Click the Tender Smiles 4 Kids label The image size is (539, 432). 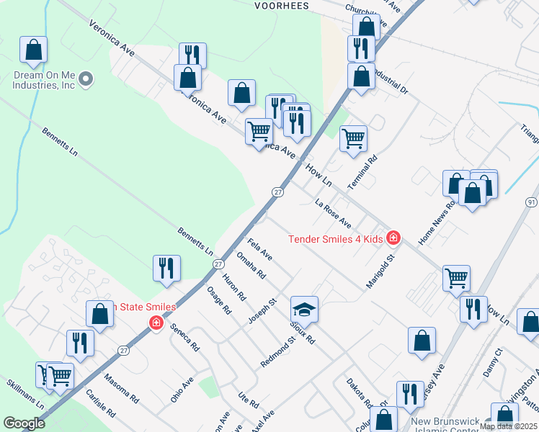(x=336, y=239)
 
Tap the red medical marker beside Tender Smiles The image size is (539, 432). (x=393, y=237)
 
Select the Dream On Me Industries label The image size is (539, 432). (x=43, y=80)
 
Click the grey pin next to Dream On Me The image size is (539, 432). (x=86, y=79)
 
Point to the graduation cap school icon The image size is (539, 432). (x=304, y=310)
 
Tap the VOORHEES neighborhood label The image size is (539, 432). (x=282, y=6)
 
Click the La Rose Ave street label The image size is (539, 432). (x=333, y=212)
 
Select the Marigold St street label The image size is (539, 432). (x=382, y=269)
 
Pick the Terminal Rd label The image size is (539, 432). (x=362, y=173)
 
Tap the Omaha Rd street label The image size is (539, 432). (x=251, y=265)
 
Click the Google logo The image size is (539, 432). (x=23, y=423)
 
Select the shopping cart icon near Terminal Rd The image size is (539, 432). (x=353, y=138)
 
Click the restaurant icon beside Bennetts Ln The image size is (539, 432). (x=167, y=268)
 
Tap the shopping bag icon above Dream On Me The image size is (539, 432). (x=33, y=50)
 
